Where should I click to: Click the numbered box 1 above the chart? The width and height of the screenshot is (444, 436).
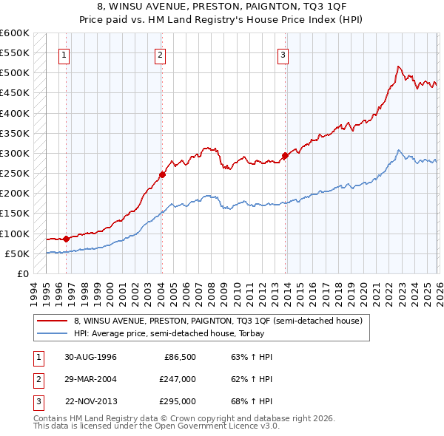tap(64, 54)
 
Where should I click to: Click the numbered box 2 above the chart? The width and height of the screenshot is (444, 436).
tap(160, 54)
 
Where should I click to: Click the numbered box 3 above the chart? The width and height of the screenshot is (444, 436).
tap(283, 54)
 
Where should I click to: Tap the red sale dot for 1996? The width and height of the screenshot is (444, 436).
tap(66, 239)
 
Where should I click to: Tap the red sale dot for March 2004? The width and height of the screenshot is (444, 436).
tap(161, 175)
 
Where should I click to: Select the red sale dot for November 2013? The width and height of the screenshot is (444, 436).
tap(285, 156)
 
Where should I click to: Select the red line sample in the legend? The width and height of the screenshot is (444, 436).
tap(52, 321)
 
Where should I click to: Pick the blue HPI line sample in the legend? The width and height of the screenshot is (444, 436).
tap(52, 334)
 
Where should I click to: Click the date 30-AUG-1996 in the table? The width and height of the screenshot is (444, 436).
tap(91, 357)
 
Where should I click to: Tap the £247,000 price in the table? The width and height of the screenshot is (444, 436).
tap(178, 379)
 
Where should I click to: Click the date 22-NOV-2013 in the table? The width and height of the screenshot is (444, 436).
tap(91, 401)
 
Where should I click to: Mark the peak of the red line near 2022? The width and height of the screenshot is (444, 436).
tap(398, 67)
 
